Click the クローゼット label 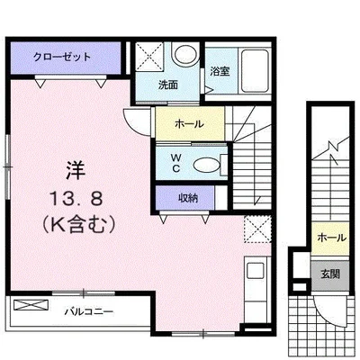(62, 57)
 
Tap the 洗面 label (168, 85)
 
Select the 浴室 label (220, 71)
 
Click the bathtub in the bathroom (255, 71)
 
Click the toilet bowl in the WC (206, 165)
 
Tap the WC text (175, 163)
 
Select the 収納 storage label (188, 198)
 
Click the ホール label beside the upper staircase (189, 123)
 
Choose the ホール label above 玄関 (331, 238)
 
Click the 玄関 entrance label (330, 274)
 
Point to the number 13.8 (76, 199)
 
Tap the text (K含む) (78, 225)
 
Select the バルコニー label (89, 312)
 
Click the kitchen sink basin (255, 270)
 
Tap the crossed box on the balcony (31, 305)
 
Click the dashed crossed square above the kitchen (257, 229)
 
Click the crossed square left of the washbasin (149, 57)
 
